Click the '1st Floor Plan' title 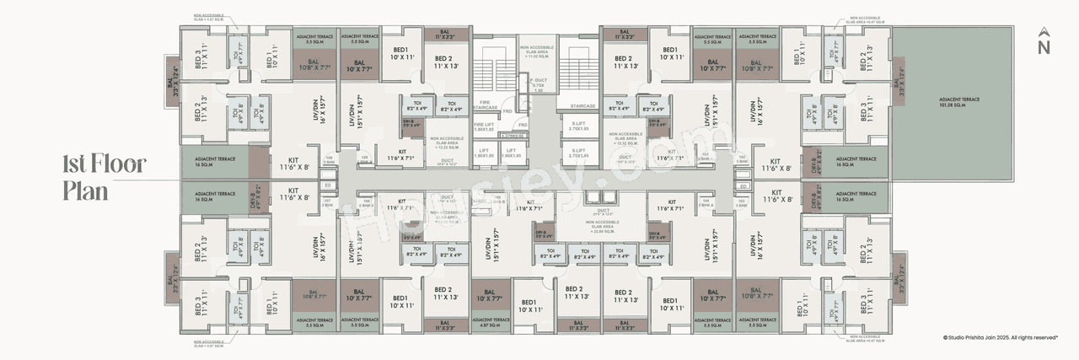pos(104,178)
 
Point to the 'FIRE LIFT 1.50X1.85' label pos(484,126)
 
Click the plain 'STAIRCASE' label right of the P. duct pos(582,106)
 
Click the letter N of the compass pos(1044,47)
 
